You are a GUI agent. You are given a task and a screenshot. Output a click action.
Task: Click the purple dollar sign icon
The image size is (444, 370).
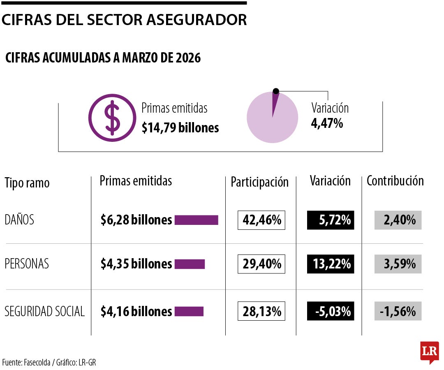click(112, 118)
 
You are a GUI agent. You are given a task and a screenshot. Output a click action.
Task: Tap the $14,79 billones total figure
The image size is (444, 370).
click(180, 128)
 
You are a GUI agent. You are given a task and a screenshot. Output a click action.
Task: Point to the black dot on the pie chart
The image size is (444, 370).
click(276, 91)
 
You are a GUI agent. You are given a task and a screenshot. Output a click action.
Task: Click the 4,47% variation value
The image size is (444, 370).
click(327, 123)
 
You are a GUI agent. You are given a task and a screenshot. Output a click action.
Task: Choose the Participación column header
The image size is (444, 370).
click(260, 182)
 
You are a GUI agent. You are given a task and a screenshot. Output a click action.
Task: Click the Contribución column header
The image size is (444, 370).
click(395, 181)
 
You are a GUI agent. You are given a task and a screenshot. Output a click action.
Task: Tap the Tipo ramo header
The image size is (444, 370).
click(27, 183)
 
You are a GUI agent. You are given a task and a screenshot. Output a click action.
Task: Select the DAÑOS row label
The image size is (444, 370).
click(19, 220)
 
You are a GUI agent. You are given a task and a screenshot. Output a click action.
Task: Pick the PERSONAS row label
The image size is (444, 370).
click(27, 264)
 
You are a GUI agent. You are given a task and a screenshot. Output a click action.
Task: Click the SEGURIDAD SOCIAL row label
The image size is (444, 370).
click(44, 311)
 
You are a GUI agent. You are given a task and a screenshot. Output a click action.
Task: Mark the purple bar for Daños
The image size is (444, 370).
click(196, 220)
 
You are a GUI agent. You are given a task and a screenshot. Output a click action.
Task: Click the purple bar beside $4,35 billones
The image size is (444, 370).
click(190, 264)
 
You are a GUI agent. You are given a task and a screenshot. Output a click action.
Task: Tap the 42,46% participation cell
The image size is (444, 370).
click(261, 220)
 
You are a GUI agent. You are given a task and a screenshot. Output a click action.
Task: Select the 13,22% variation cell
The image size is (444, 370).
click(331, 264)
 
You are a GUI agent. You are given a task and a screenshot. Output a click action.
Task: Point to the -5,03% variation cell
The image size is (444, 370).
click(331, 311)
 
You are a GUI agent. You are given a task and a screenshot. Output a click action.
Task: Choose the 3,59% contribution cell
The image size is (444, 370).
click(398, 264)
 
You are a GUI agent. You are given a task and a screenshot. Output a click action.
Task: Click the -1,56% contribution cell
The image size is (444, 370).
click(398, 311)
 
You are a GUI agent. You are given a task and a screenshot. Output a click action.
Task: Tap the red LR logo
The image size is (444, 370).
click(430, 352)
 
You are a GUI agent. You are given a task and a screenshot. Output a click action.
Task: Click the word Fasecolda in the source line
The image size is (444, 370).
click(37, 362)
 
